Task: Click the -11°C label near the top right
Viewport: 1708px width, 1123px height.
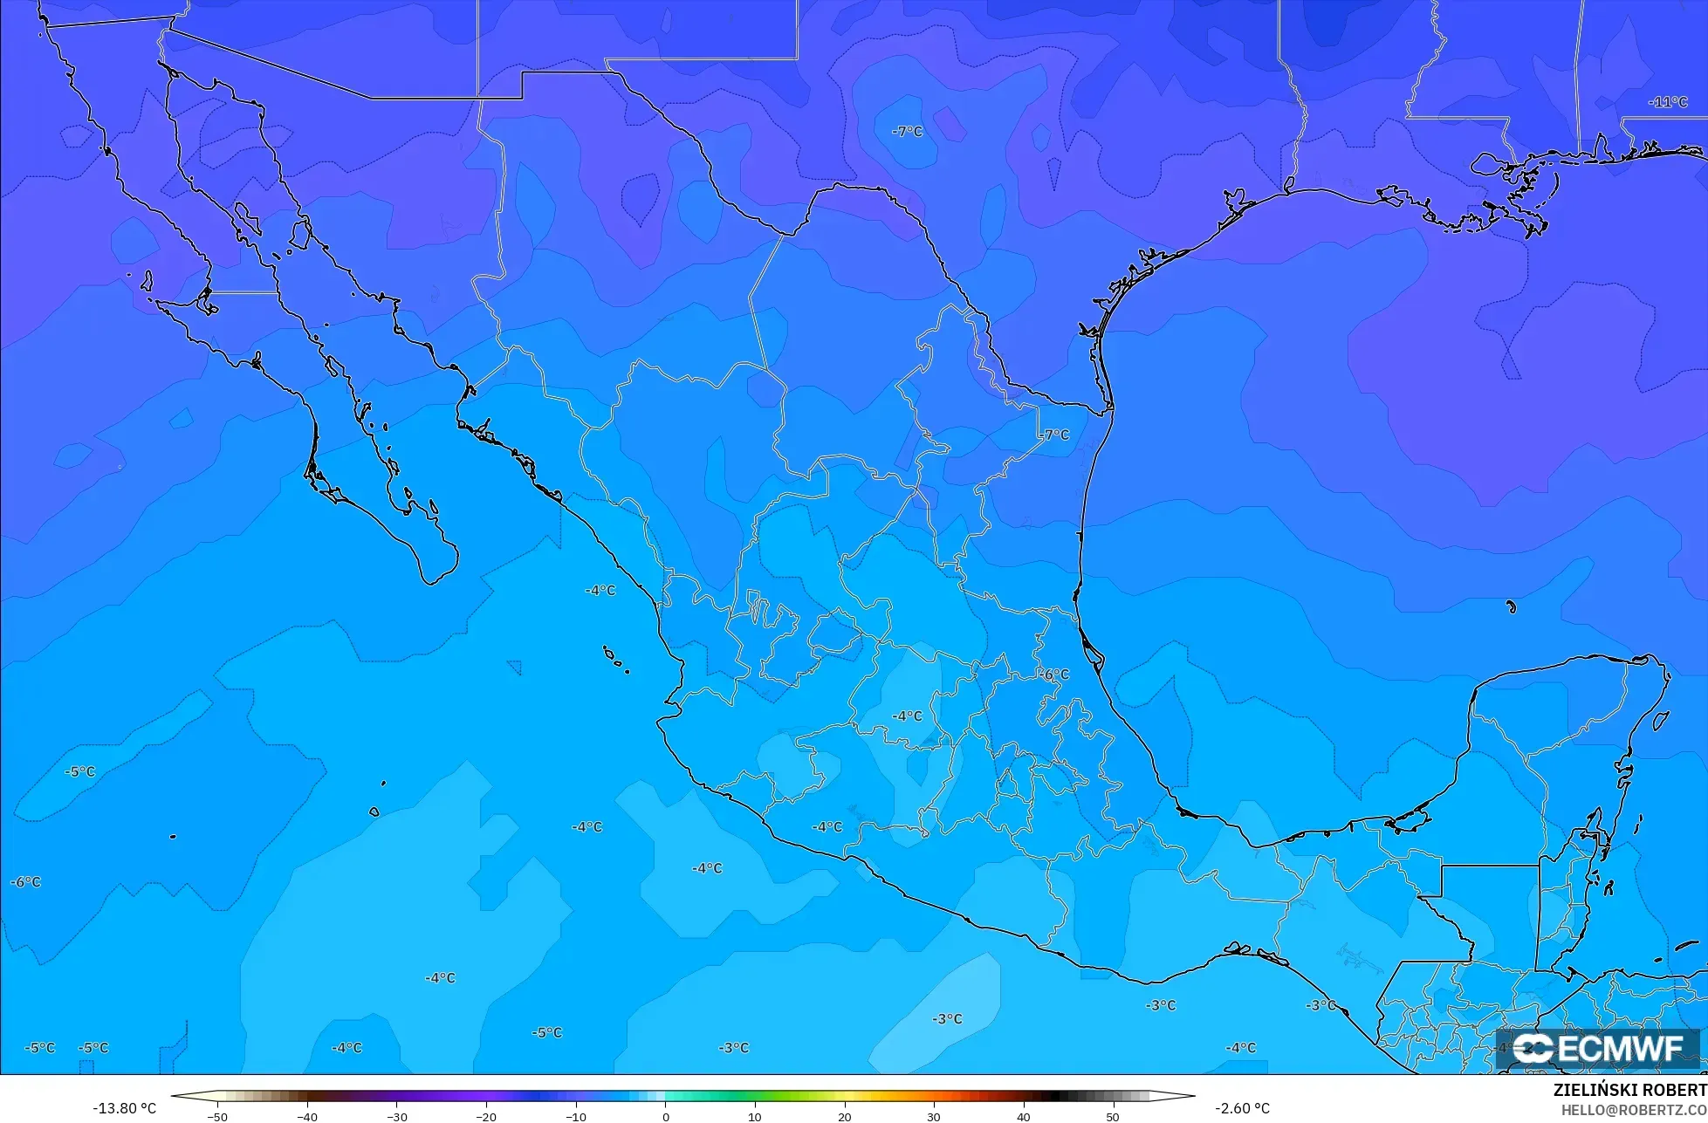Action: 1668,102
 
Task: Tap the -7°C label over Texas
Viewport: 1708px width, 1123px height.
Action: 907,132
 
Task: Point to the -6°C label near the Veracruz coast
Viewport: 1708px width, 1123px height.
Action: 1053,674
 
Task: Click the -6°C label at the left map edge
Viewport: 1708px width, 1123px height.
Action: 25,882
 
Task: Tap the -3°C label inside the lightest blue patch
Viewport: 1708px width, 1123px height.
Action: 947,1019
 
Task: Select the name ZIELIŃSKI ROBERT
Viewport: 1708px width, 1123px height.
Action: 1629,1091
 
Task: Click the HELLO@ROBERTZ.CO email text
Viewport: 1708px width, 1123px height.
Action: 1634,1110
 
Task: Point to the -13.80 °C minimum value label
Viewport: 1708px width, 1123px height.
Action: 125,1108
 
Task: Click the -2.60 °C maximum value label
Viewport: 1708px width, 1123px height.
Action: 1242,1108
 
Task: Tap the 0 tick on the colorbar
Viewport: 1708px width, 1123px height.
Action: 665,1117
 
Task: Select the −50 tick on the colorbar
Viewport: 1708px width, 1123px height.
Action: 217,1117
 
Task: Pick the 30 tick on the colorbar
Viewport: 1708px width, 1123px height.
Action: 933,1117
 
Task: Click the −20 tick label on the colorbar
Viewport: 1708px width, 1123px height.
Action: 485,1117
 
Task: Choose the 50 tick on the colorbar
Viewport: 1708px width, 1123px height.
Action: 1112,1117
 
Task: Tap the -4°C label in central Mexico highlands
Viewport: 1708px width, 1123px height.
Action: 907,716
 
